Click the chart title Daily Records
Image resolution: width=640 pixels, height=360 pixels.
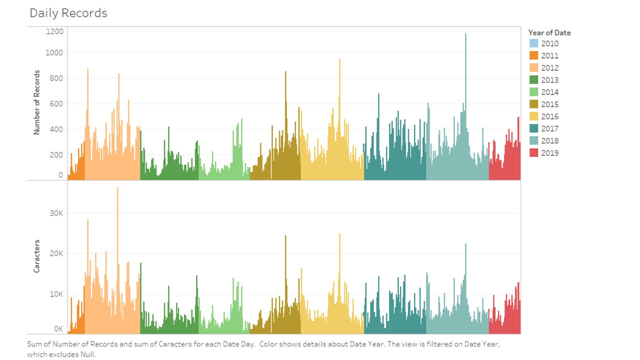click(x=68, y=13)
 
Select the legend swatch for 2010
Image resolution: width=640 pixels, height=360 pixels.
click(x=533, y=43)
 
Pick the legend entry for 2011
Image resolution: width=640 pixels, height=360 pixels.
click(x=549, y=55)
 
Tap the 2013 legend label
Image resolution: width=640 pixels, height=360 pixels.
click(x=549, y=80)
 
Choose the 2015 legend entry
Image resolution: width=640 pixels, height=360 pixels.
click(x=549, y=104)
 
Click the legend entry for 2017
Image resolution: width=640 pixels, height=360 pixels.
click(x=549, y=128)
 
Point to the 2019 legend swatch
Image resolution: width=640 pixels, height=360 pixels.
click(x=533, y=153)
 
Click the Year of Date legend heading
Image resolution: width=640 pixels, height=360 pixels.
click(x=549, y=32)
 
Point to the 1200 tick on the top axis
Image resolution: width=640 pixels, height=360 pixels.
click(x=55, y=31)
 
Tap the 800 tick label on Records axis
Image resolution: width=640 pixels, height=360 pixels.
click(x=57, y=78)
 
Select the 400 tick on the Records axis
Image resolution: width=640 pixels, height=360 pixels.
click(x=57, y=129)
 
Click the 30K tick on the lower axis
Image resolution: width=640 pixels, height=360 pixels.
click(x=57, y=213)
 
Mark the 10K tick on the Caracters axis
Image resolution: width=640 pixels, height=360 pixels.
click(x=57, y=294)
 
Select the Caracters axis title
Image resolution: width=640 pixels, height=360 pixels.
click(x=36, y=256)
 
